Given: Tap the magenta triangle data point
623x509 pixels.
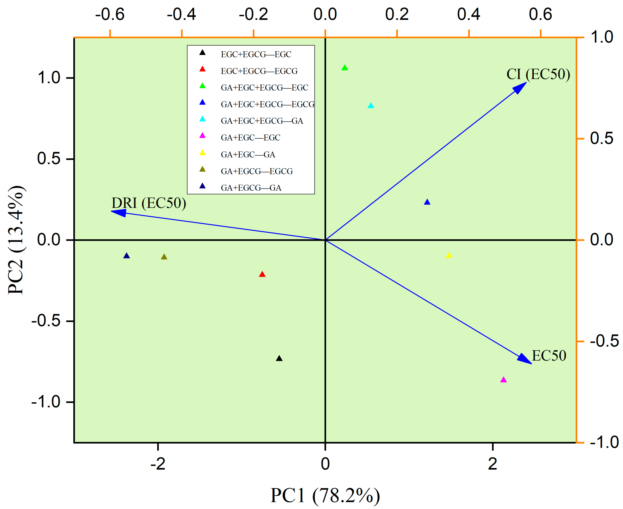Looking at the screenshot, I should [x=504, y=380].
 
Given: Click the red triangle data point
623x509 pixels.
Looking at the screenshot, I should [x=262, y=274].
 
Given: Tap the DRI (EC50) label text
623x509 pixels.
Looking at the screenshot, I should [x=149, y=203].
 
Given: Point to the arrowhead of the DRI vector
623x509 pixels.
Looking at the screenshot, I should [x=119, y=212].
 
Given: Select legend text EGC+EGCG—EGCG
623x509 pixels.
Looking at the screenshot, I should [x=259, y=71].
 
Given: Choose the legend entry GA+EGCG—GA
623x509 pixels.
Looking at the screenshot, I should [x=251, y=188].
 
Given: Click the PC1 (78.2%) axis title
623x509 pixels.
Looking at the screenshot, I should [x=325, y=496].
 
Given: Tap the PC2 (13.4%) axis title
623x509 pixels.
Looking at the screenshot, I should [x=17, y=240].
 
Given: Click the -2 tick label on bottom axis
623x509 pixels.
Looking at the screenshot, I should [x=158, y=464].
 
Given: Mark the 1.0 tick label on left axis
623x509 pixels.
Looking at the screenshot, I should [x=49, y=78].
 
